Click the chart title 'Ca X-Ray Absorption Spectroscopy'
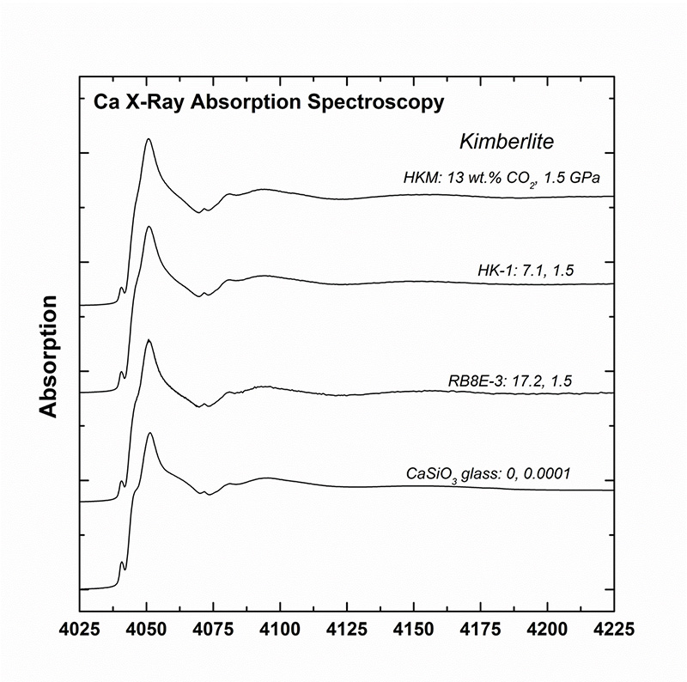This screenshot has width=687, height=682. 268,103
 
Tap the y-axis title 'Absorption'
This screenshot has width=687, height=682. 49,357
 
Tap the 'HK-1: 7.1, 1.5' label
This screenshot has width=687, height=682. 526,271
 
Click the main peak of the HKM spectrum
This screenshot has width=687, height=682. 149,139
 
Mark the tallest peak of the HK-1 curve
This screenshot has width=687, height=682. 149,227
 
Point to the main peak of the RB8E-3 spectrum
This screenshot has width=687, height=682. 149,340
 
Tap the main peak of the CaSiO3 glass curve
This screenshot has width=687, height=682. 150,433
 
